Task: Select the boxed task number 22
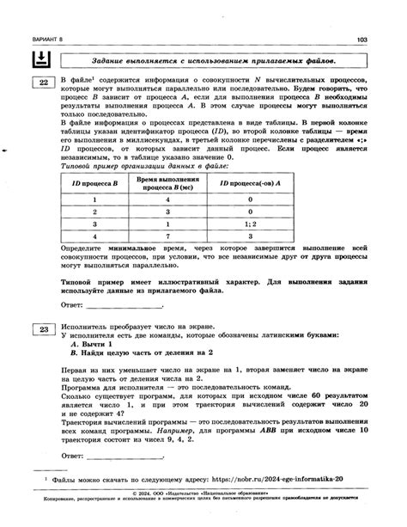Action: (x=41, y=83)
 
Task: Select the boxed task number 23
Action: (x=41, y=330)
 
